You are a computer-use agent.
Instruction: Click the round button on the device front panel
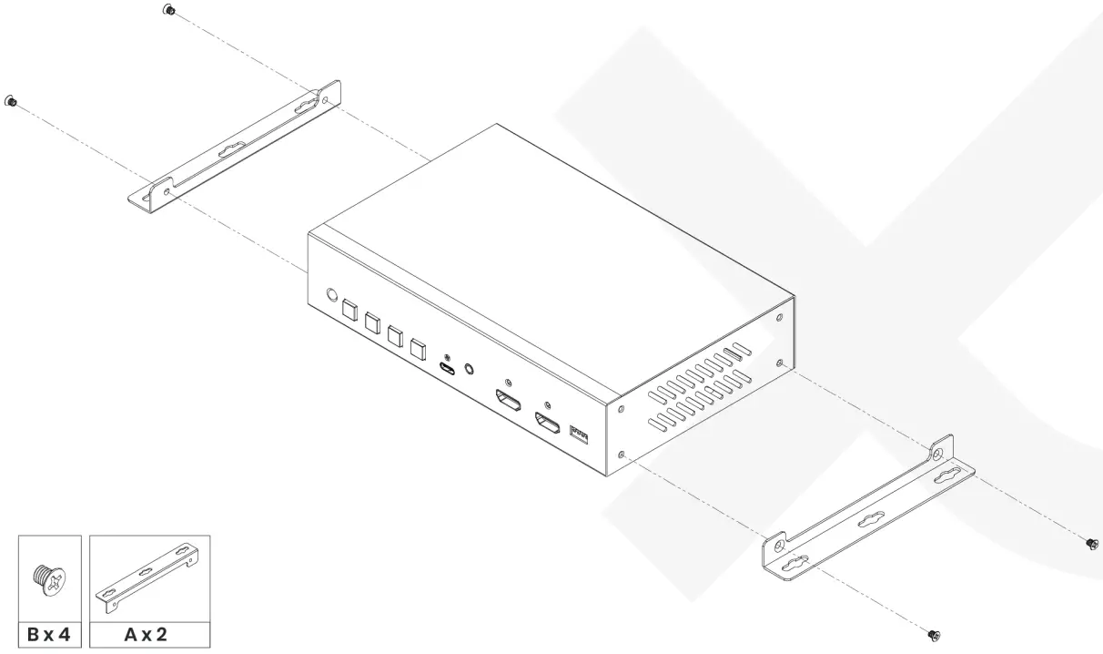point(332,295)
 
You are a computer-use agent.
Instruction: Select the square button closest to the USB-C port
point(418,347)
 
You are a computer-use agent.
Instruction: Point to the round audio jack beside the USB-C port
point(470,369)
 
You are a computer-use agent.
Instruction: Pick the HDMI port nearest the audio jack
point(507,401)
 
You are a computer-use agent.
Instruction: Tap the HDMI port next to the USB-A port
point(547,423)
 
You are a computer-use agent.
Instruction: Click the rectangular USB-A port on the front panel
point(579,434)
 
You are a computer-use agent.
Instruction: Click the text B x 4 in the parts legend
point(50,634)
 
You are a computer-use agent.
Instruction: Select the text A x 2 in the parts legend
point(149,634)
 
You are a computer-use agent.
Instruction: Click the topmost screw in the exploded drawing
point(169,10)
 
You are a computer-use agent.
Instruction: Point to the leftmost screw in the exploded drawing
point(11,100)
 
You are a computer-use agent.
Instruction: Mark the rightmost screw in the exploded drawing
point(1090,543)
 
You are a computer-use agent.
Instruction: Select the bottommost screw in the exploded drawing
point(933,634)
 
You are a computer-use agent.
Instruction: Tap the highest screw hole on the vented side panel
point(778,317)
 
